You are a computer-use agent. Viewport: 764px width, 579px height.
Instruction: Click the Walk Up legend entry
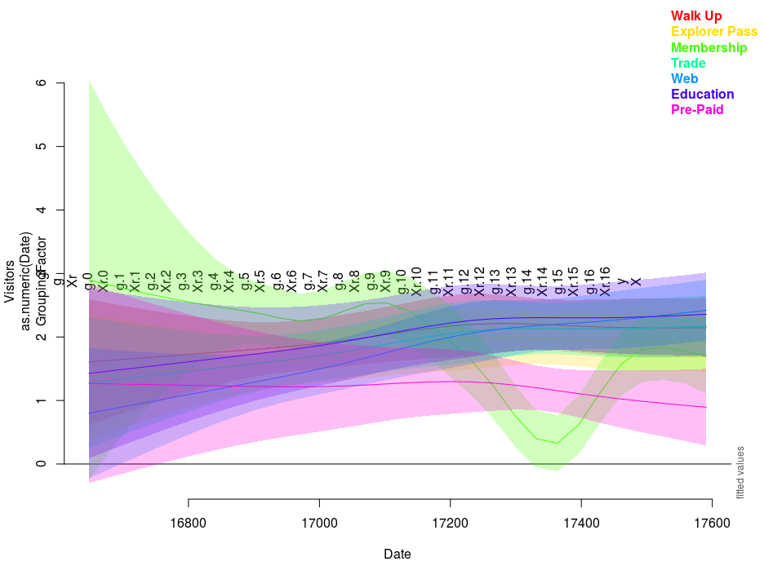[x=695, y=16]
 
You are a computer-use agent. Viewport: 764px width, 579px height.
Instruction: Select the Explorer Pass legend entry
[x=713, y=32]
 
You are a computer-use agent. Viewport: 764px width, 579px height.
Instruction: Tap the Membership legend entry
[x=708, y=47]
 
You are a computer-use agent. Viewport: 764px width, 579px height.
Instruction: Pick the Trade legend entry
[x=688, y=63]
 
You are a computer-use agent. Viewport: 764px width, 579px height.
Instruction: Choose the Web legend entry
[x=684, y=78]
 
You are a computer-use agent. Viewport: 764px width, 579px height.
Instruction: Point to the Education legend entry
[x=702, y=94]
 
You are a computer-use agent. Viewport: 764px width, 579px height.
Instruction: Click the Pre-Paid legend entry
[x=696, y=109]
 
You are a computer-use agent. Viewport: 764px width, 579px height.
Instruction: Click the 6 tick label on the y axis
[x=60, y=83]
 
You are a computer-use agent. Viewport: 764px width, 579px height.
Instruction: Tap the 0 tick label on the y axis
[x=60, y=464]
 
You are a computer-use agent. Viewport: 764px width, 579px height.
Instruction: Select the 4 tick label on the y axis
[x=60, y=210]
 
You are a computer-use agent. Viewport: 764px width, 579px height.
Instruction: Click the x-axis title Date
[x=398, y=555]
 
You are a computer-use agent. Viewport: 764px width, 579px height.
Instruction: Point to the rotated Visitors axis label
[x=10, y=281]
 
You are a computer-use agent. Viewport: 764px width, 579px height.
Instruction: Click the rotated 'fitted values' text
[x=740, y=472]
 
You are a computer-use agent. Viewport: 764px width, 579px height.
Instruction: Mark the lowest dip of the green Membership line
[x=557, y=443]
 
